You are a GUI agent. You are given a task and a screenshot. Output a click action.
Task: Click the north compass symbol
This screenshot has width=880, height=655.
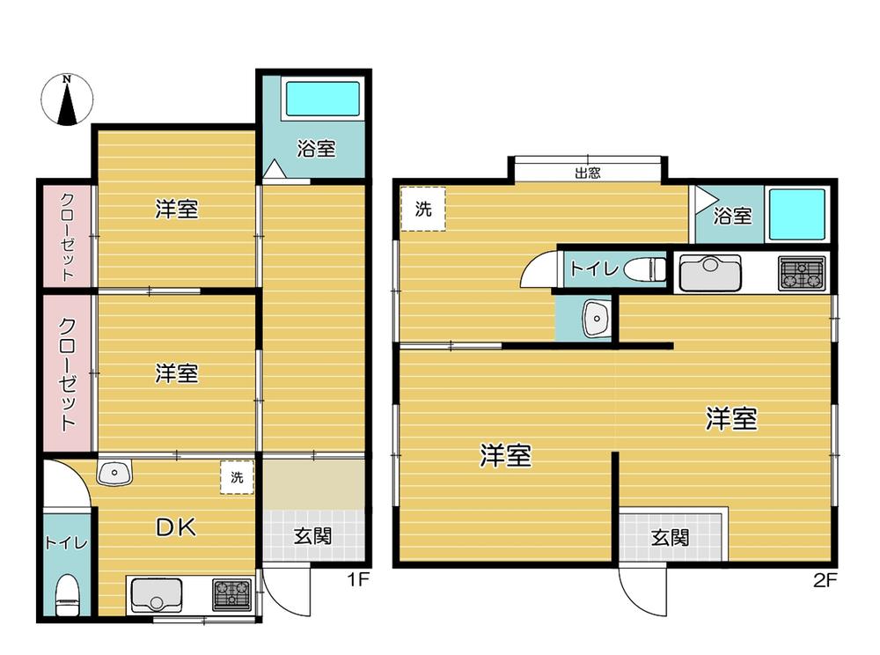pyautogui.click(x=67, y=99)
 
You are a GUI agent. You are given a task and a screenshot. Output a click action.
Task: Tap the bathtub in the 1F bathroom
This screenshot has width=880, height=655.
pyautogui.click(x=323, y=99)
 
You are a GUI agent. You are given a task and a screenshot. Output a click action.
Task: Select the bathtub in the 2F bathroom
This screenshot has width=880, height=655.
pyautogui.click(x=797, y=215)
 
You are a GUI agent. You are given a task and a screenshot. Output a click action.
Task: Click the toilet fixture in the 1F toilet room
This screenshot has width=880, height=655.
pyautogui.click(x=69, y=595)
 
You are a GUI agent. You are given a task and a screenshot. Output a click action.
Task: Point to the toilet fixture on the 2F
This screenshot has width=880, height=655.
pyautogui.click(x=645, y=269)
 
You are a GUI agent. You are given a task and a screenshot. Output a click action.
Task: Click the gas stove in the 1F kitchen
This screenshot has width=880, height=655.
pyautogui.click(x=231, y=594)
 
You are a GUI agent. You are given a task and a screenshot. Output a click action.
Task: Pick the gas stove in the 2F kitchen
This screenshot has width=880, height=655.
pyautogui.click(x=802, y=272)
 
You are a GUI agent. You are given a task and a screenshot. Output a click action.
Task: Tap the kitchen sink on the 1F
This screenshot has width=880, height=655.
pyautogui.click(x=157, y=595)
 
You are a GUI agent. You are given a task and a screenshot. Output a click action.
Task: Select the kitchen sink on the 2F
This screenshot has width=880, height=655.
pyautogui.click(x=710, y=273)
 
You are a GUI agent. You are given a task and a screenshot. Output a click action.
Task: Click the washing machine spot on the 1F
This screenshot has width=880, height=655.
pyautogui.click(x=237, y=477)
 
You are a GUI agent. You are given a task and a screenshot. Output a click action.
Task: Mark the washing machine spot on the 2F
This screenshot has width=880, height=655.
pyautogui.click(x=423, y=209)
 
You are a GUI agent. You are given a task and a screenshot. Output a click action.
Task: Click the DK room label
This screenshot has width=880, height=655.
pyautogui.click(x=176, y=527)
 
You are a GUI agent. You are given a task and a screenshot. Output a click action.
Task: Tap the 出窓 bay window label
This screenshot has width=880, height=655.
pyautogui.click(x=588, y=173)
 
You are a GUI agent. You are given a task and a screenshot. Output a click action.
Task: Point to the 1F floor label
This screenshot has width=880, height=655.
pyautogui.click(x=358, y=578)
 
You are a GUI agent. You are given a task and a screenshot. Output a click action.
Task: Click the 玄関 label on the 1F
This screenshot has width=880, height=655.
pyautogui.click(x=313, y=536)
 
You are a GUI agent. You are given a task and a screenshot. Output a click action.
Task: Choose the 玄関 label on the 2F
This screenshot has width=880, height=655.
pyautogui.click(x=670, y=538)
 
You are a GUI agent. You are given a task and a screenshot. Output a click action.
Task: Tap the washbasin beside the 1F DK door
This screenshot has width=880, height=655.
pyautogui.click(x=114, y=472)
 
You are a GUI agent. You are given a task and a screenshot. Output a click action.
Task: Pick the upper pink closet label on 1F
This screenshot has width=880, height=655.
pyautogui.click(x=68, y=236)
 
